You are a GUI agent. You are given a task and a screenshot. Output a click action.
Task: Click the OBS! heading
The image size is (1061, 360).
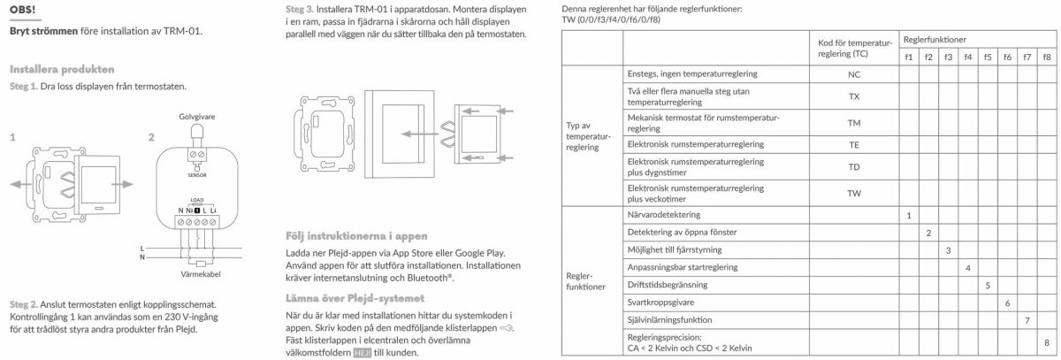[x=23, y=9]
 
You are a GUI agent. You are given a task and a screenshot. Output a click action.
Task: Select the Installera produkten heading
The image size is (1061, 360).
[x=61, y=69]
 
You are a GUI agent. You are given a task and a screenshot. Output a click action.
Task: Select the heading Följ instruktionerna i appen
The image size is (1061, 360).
[x=358, y=236]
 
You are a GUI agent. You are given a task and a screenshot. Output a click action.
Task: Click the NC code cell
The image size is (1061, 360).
[x=853, y=75]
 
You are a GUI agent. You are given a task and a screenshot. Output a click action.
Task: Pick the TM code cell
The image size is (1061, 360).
[x=853, y=123]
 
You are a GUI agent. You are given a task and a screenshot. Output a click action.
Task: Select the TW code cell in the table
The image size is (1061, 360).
[x=853, y=193]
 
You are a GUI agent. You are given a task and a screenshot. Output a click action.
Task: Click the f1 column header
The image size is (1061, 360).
[x=908, y=57]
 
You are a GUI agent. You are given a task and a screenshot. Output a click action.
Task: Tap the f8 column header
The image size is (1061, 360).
[x=1047, y=57]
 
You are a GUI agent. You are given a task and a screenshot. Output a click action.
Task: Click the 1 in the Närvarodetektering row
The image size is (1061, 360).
[x=908, y=215]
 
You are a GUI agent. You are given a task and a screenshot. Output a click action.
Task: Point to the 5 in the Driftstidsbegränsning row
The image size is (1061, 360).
[x=987, y=284]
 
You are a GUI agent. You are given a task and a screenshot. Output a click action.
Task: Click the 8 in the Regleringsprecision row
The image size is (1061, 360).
[x=1047, y=341]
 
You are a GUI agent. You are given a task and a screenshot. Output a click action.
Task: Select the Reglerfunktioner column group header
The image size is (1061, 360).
[x=934, y=40]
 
